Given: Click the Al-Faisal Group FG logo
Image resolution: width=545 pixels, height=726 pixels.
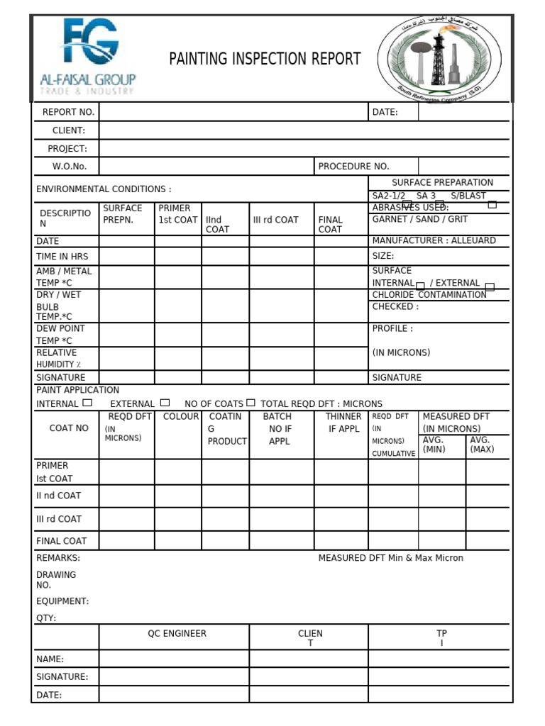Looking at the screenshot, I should tap(87, 57).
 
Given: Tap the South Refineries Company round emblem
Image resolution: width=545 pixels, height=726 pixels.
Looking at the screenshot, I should tap(439, 59).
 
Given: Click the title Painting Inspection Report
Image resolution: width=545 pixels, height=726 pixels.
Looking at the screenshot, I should tap(265, 59).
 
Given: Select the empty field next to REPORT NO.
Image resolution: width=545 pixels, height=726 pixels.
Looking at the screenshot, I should tap(233, 112).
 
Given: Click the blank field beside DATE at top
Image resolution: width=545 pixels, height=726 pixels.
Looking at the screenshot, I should tap(463, 112).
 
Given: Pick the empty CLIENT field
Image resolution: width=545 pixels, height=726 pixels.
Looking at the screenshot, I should tap(304, 130).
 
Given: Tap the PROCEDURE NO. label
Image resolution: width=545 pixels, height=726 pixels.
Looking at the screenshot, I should tap(353, 167).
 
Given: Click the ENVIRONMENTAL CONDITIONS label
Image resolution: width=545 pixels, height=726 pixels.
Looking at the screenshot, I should tap(104, 189).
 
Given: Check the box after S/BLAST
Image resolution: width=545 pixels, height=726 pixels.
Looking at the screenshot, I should tap(492, 205).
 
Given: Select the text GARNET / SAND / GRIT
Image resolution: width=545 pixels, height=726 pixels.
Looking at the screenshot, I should tap(419, 220).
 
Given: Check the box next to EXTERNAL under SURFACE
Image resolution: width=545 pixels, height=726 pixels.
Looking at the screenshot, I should tap(490, 287).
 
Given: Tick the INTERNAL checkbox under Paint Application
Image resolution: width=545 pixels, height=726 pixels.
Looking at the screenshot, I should tap(87, 403).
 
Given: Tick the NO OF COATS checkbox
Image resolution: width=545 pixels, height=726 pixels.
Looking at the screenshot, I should tap(251, 403).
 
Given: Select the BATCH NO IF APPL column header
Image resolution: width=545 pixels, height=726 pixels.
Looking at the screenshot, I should tap(279, 428).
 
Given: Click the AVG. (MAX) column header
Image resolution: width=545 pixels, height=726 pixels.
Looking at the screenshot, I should tap(481, 445).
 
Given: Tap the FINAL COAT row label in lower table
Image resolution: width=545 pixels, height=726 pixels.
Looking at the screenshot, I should tap(62, 541).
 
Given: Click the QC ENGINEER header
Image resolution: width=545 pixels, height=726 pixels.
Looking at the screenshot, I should tap(177, 634).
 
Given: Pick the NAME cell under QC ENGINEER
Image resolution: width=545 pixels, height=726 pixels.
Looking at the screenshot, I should tap(174, 659).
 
